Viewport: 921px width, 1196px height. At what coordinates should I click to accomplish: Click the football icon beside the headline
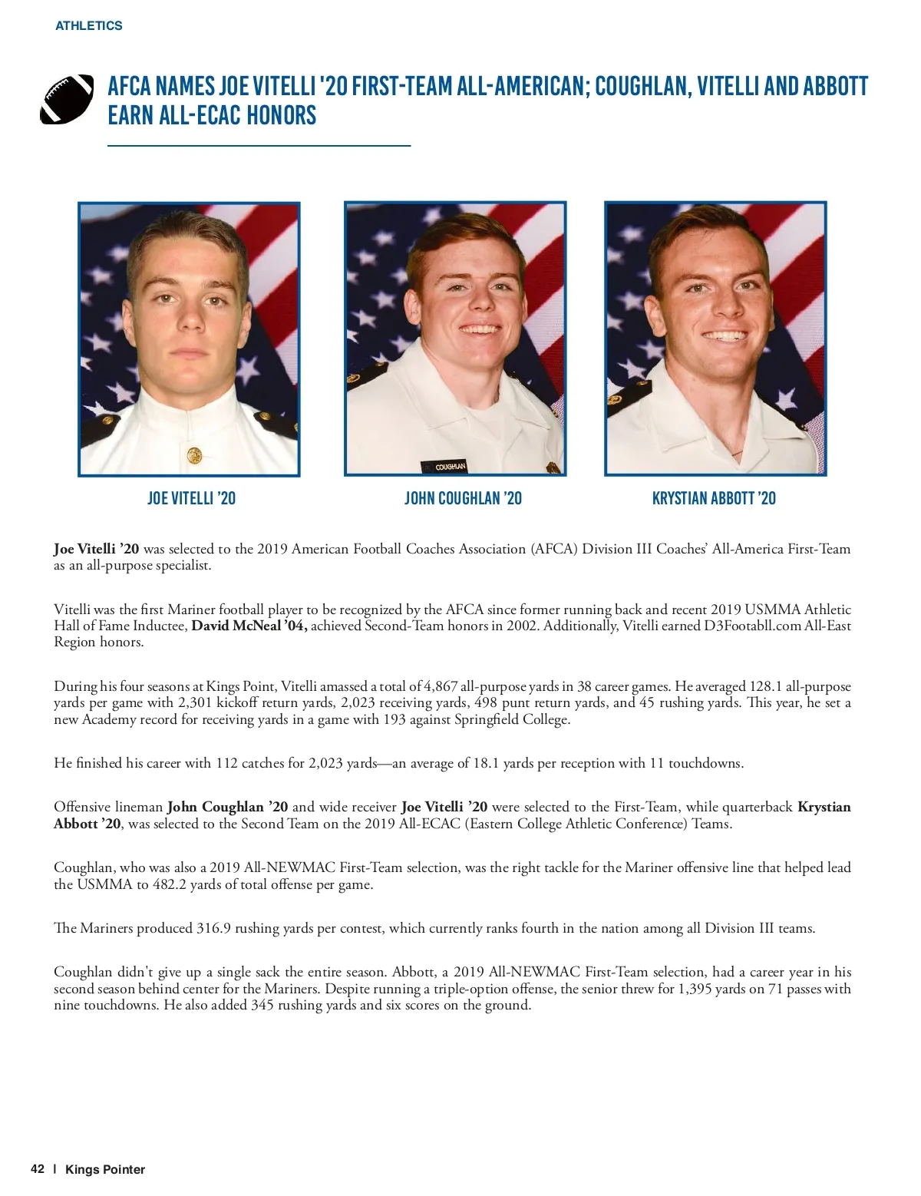(66, 100)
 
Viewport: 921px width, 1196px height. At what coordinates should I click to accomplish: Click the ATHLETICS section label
(88, 25)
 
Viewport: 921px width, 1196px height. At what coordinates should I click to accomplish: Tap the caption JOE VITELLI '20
(191, 498)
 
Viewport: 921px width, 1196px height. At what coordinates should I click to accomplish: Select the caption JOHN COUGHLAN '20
(463, 498)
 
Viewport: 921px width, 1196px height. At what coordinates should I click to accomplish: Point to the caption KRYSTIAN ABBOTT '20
(713, 498)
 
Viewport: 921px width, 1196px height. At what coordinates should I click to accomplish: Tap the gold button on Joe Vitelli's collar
(193, 455)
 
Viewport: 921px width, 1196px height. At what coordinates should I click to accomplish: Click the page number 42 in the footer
(38, 1169)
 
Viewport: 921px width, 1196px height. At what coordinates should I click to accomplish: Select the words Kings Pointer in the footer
(105, 1169)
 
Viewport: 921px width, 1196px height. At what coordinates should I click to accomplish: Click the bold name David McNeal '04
(249, 626)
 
